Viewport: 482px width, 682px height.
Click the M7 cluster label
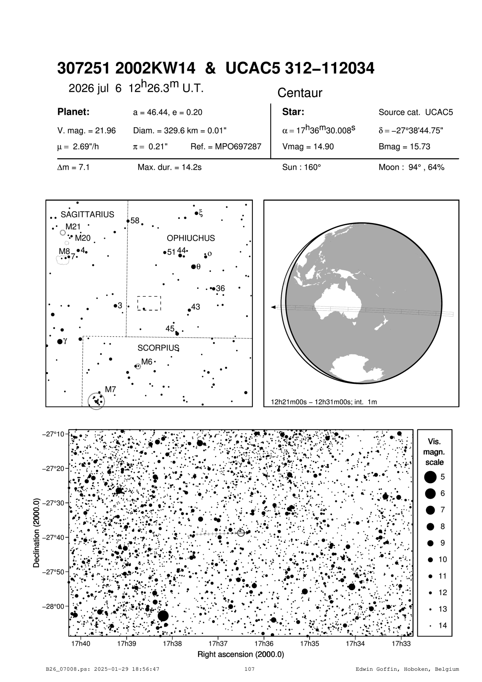110,389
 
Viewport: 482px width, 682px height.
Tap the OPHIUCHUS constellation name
191,238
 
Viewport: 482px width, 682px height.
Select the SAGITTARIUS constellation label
88,214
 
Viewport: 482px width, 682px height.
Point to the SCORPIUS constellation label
158,348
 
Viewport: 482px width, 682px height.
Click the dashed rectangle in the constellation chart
149,303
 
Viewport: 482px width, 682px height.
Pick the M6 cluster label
147,362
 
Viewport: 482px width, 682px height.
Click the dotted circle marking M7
96,401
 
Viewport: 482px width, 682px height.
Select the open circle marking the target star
241,533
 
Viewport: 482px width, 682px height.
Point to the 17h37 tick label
218,644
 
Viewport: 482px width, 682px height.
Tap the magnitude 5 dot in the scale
430,476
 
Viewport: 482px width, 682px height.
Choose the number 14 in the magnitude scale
443,626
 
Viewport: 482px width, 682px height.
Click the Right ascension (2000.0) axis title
241,654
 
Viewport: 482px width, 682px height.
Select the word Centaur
300,93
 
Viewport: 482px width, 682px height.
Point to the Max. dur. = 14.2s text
170,167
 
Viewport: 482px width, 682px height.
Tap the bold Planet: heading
74,112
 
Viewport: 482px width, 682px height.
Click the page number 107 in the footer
249,670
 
